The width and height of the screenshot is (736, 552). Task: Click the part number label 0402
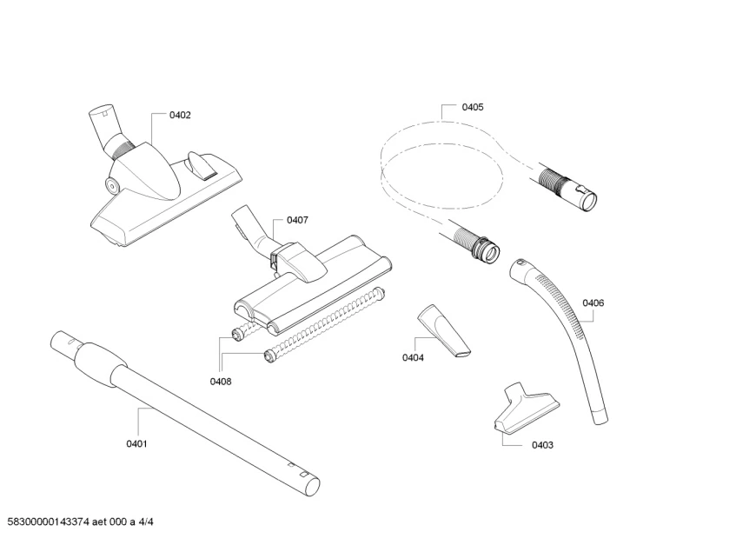[180, 115]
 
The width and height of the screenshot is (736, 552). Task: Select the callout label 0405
[473, 107]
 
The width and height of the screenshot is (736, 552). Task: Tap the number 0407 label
[297, 220]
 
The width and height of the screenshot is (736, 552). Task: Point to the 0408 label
[221, 381]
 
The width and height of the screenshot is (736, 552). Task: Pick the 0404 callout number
[413, 357]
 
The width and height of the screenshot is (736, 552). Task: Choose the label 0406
[593, 303]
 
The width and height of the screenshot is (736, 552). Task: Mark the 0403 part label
[542, 444]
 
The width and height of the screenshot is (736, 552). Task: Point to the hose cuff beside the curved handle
[478, 243]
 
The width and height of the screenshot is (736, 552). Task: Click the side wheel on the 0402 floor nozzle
[112, 183]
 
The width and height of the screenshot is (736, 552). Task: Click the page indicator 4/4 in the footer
[147, 522]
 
